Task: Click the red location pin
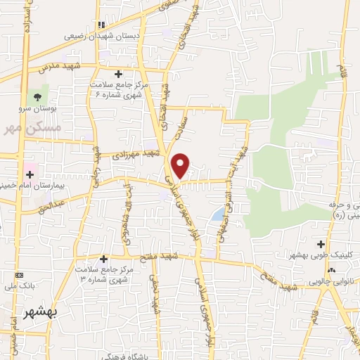(181, 165)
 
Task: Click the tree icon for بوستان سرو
(37, 96)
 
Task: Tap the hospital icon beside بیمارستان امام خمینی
(30, 172)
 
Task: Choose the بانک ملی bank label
(18, 287)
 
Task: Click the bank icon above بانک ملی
(19, 274)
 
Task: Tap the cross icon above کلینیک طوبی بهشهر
(321, 245)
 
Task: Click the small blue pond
(219, 212)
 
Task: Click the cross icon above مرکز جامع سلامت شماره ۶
(118, 73)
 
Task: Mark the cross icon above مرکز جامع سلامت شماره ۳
(104, 258)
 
